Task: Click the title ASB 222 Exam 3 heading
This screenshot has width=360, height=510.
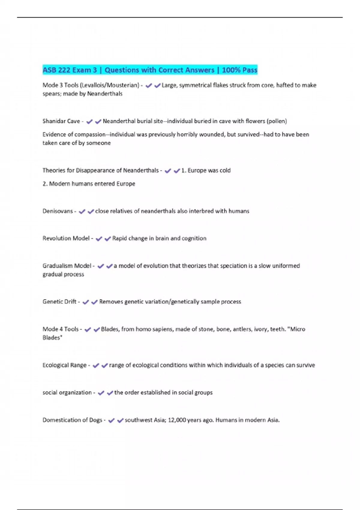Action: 150,70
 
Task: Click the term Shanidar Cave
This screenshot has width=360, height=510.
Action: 61,121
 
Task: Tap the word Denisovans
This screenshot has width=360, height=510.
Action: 58,211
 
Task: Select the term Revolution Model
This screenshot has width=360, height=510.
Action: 66,238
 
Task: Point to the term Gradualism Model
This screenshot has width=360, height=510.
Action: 67,266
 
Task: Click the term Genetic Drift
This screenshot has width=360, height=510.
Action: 59,302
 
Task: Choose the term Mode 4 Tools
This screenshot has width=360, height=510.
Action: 61,329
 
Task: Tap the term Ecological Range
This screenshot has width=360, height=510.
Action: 64,365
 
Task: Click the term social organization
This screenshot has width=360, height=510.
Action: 67,393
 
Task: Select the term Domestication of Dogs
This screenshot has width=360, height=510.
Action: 72,420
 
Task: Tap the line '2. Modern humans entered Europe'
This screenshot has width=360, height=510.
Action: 89,184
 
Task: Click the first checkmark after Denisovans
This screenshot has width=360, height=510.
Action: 82,211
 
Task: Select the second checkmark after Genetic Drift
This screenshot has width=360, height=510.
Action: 94,302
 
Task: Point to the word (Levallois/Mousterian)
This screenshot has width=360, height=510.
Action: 109,85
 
